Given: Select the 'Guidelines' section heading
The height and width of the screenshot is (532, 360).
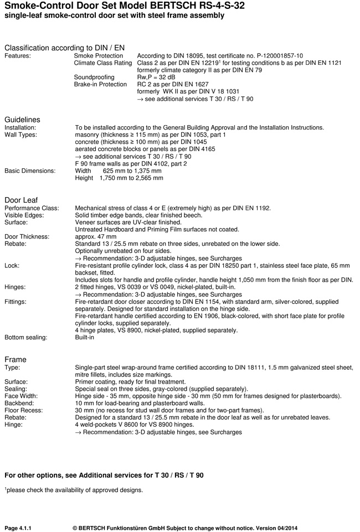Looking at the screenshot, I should tap(22, 120).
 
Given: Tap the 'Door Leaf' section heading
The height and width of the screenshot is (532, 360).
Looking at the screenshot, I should tap(21, 200).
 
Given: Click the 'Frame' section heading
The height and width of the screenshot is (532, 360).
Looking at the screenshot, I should tap(16, 359).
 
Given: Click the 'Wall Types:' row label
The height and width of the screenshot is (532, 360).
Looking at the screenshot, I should tap(21, 135).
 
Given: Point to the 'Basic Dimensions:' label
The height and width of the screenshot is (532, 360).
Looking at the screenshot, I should tap(30, 171).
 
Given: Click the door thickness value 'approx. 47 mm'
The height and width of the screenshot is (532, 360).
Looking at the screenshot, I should tap(96, 236).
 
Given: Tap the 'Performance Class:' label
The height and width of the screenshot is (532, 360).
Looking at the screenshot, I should tap(29, 208).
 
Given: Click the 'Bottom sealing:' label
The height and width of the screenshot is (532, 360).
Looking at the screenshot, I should tap(26, 337).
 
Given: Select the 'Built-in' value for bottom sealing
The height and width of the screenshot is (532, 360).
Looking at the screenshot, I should tap(85, 337).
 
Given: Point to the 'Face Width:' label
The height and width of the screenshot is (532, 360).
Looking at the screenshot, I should tap(22, 396).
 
